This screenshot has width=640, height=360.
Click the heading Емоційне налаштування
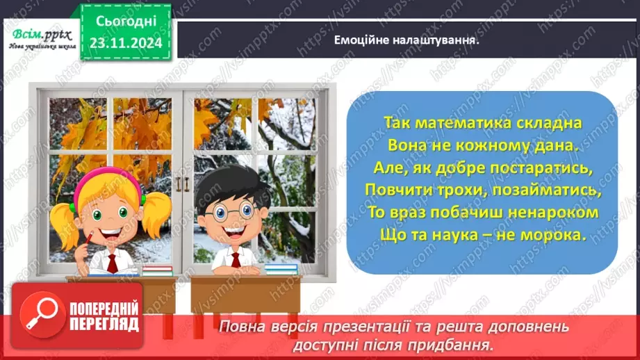407,40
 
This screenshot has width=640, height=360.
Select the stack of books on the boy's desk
281,268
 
